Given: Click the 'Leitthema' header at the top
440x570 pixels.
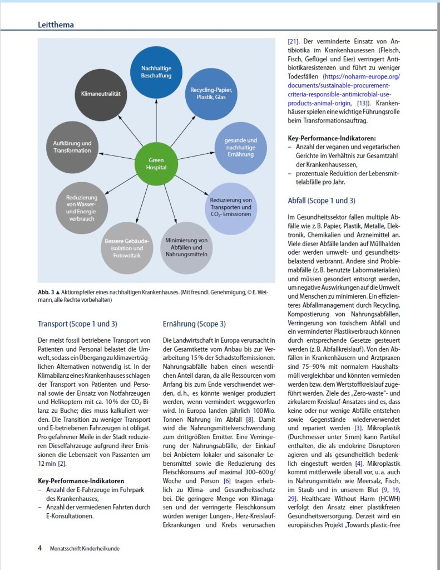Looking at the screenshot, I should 56,25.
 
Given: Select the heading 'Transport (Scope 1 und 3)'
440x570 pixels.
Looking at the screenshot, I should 77,323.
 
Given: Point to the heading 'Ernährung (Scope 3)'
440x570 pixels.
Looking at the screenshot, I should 194,323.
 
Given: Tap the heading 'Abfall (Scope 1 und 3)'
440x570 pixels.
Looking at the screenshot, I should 321,200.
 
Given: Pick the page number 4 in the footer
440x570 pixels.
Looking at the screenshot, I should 40,548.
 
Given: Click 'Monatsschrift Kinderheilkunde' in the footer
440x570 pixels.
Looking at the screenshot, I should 84,548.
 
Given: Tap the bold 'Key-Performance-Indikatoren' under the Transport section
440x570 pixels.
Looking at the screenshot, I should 81,480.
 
